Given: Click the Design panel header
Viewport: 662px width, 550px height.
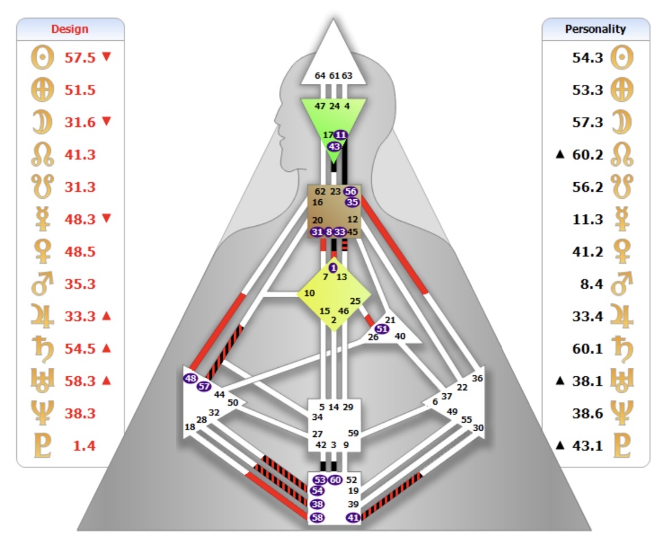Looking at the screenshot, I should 70,29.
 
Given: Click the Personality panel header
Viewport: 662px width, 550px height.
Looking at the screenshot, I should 595,29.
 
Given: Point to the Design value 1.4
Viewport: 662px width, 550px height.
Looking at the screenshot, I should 84,445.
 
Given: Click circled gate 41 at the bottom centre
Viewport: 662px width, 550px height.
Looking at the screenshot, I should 353,517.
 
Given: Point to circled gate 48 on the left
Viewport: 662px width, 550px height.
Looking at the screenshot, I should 190,379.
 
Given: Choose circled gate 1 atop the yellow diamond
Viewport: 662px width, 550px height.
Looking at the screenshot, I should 333,267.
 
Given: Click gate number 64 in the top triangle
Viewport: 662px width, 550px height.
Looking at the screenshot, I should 320,75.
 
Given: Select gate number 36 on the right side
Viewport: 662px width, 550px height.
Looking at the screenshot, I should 478,379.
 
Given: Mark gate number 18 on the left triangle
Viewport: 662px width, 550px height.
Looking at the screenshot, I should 190,427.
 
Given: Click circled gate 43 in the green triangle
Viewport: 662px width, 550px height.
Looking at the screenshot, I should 334,146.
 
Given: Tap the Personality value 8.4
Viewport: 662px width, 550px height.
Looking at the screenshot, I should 591,284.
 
